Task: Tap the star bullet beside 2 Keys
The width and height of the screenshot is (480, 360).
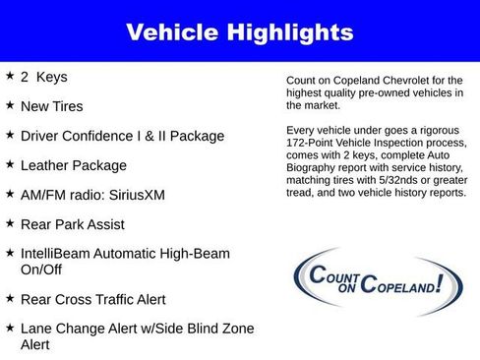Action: (x=10, y=75)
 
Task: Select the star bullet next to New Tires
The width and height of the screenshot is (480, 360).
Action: (x=10, y=104)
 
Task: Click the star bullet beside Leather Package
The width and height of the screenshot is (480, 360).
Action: (x=10, y=163)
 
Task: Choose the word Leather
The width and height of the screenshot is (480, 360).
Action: (x=47, y=165)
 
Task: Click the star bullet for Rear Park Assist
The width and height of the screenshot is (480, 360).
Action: (x=10, y=222)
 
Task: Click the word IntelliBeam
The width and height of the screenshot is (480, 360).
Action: (x=54, y=254)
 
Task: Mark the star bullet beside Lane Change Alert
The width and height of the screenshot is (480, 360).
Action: (x=10, y=327)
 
